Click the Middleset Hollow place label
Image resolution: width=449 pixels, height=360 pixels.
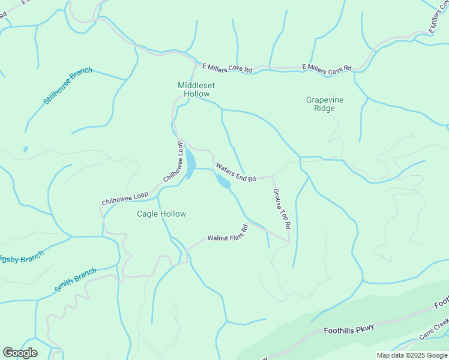pos(196,89)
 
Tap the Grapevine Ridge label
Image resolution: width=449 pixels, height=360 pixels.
pos(325,104)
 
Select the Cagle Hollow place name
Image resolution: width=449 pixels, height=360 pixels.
pos(161,214)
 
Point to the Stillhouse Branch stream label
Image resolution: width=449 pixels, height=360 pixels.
pos(68,86)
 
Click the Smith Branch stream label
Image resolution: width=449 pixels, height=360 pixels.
pos(75,280)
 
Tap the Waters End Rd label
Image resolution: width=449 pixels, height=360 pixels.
pos(236,173)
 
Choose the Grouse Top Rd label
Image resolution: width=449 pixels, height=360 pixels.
pos(282,209)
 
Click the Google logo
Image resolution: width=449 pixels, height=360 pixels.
pos(20,353)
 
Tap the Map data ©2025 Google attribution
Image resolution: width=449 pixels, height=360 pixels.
pos(412,355)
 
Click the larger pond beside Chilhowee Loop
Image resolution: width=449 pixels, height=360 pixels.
pos(190,163)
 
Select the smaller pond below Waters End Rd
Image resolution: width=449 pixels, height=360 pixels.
pos(223,182)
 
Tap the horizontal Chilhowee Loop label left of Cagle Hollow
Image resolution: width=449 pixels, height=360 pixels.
pos(125,199)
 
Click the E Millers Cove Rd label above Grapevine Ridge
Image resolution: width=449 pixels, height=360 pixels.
pos(327,68)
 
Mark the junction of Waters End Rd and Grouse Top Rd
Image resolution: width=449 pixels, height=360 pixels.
pos(272,176)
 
